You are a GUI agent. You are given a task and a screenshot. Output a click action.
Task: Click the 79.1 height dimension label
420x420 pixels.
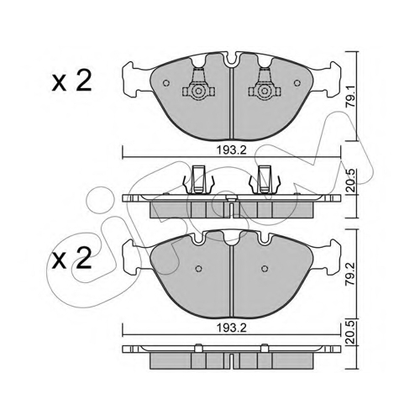click(x=351, y=97)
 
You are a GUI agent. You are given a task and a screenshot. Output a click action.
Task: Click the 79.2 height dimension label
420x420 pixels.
click(x=351, y=274)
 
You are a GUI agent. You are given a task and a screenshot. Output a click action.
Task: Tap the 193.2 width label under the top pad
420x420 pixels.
click(x=232, y=150)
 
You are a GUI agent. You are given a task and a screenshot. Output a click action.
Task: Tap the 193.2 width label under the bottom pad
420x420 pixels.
click(x=232, y=328)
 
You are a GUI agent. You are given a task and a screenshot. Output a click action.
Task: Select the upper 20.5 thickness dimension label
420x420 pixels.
click(x=351, y=181)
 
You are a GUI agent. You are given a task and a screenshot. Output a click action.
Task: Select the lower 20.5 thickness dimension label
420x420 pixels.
click(x=351, y=333)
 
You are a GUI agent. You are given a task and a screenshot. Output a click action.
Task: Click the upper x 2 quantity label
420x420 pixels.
click(x=72, y=81)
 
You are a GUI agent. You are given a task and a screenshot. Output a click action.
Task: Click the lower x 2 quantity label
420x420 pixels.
click(x=72, y=258)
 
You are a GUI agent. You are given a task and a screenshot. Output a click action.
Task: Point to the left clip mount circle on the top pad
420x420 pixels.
click(x=198, y=91)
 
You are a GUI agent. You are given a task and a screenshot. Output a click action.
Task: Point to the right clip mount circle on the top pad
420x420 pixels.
click(x=265, y=91)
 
